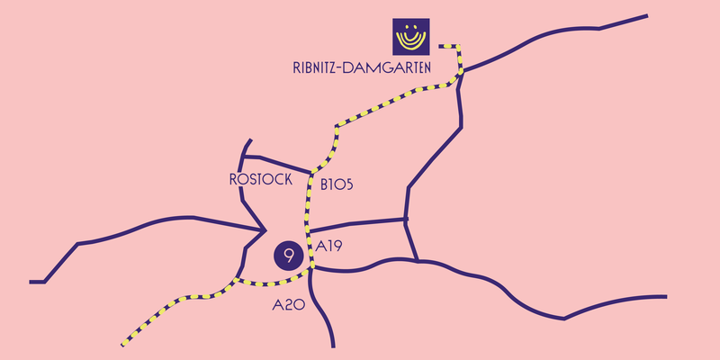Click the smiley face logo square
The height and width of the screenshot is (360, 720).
411,37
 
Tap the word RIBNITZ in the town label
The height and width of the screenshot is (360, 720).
313,68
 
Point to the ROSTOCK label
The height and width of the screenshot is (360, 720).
261,179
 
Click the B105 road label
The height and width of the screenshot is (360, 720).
337,184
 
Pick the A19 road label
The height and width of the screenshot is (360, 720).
328,247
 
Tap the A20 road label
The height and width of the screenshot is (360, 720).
289,305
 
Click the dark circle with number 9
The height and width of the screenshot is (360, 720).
288,256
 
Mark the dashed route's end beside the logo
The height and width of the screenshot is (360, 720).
440,47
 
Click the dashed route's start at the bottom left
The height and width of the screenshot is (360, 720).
123,345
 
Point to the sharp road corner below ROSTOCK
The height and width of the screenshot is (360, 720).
265,230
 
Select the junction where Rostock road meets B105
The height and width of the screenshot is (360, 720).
311,173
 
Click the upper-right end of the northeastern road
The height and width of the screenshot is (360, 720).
647,16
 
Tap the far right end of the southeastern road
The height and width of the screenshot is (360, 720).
665,297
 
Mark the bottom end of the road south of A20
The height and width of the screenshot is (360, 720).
333,346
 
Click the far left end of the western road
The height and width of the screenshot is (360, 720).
31,282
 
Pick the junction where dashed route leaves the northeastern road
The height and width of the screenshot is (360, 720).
462,72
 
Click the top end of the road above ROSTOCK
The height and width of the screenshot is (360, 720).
251,139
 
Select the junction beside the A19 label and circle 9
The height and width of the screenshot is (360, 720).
311,266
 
